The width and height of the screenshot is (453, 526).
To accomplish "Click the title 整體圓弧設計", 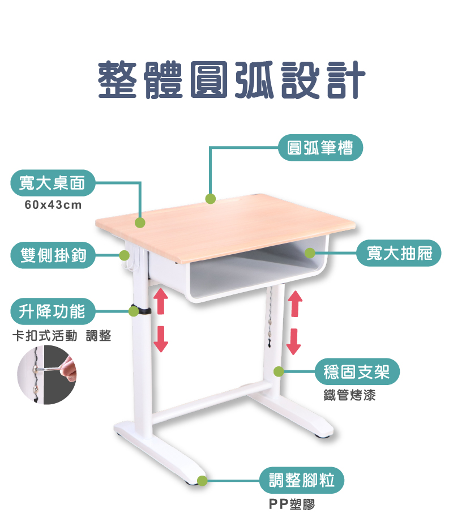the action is (x=232, y=80).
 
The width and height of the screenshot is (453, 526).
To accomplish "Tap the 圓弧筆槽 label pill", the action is (x=320, y=148).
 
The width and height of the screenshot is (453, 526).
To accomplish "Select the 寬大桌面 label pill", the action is (x=53, y=183).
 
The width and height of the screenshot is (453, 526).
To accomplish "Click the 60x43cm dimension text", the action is (x=53, y=204).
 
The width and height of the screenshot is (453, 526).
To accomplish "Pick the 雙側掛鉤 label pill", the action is (x=53, y=255).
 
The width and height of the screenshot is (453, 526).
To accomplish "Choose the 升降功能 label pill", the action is (x=53, y=311).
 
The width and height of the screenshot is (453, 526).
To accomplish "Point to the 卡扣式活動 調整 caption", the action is (x=62, y=335).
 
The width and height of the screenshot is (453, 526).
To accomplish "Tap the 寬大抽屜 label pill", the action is (x=399, y=253).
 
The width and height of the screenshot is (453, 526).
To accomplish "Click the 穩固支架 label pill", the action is (x=357, y=371).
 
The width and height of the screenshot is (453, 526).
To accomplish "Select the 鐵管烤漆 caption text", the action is (x=349, y=395).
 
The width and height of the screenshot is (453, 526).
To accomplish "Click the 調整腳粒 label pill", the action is (x=302, y=480).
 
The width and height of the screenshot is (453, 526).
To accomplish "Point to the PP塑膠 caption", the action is (x=292, y=504).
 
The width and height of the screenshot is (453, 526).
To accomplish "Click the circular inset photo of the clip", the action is (x=46, y=375).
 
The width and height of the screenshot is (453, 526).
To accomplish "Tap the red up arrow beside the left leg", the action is (x=161, y=301).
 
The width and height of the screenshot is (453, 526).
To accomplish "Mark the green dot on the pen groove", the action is (x=211, y=199).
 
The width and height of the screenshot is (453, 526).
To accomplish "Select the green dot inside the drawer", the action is (x=310, y=253).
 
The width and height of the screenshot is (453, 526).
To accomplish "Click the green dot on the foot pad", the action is (x=202, y=481).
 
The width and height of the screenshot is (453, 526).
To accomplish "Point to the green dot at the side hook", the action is (x=124, y=255).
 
